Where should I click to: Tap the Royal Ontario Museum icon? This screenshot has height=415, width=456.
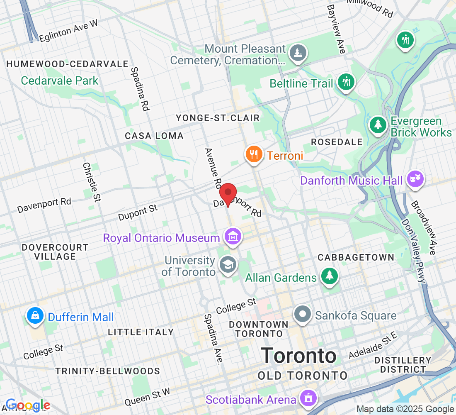tap(233, 237)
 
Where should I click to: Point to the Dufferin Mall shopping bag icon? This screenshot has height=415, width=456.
tap(36, 316)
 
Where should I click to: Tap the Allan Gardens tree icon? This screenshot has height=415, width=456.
tap(329, 276)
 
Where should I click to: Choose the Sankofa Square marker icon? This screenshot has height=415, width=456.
tap(303, 314)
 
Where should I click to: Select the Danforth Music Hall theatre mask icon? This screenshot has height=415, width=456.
tap(415, 179)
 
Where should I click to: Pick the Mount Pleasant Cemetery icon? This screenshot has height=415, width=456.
tap(298, 53)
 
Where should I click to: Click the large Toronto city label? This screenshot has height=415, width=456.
tap(298, 356)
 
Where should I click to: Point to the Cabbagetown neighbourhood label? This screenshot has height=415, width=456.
tap(356, 257)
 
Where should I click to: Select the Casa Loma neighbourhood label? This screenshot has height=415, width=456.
tap(154, 136)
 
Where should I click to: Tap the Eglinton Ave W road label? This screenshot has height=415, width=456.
tap(68, 31)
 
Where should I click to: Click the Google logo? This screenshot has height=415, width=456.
tap(28, 405)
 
